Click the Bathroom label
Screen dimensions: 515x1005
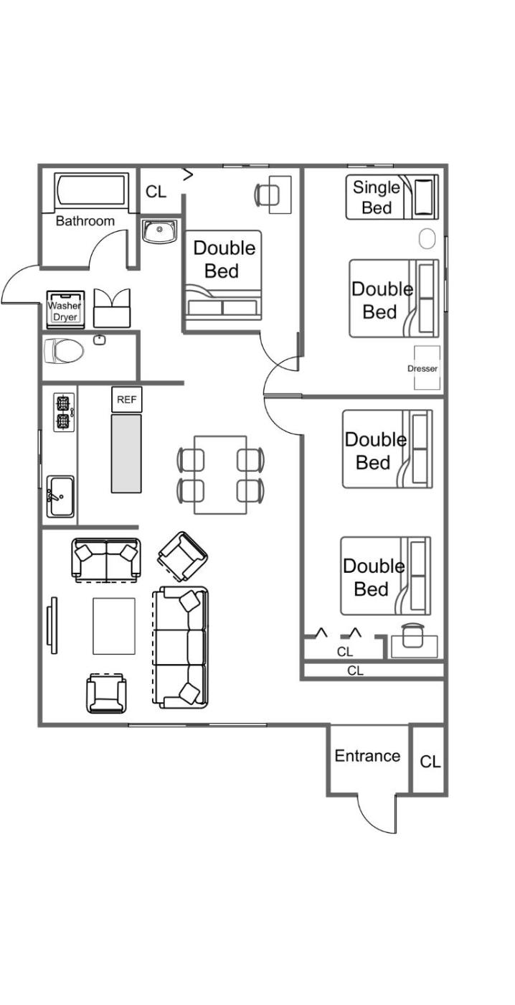click(85, 221)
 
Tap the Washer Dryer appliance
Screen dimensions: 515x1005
click(65, 309)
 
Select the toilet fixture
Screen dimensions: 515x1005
click(64, 350)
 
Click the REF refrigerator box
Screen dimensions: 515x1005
click(126, 399)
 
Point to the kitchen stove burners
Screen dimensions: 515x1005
click(64, 412)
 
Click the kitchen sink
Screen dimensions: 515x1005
click(60, 496)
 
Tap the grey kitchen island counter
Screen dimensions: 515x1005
click(126, 453)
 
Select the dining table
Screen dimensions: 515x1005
click(220, 475)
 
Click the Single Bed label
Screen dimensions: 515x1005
click(377, 197)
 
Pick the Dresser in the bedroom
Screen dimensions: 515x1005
click(427, 368)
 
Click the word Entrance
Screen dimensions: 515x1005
click(367, 755)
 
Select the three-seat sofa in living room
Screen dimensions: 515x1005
click(181, 648)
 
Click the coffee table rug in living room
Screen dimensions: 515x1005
click(114, 626)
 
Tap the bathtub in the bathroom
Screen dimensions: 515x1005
click(91, 191)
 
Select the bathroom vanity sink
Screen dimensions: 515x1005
click(159, 231)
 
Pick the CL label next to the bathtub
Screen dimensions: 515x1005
click(156, 192)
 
